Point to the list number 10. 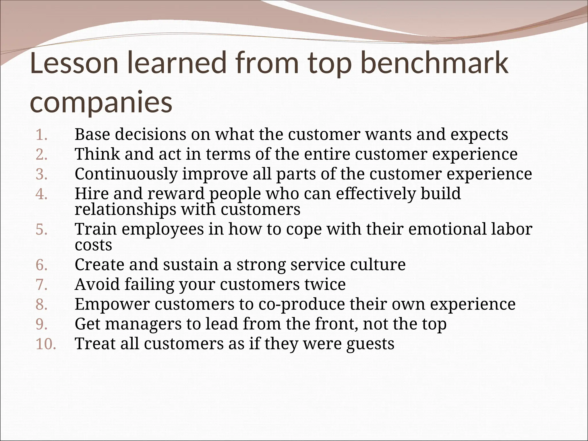46,344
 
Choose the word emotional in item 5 447,229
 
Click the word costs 93,245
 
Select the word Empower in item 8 112,304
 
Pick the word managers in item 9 143,324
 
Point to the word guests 370,344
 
